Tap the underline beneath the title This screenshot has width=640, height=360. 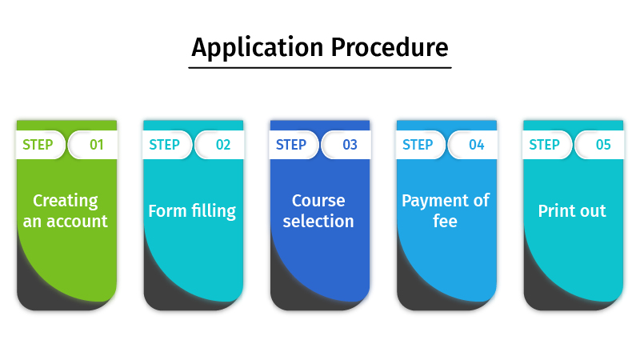point(320,67)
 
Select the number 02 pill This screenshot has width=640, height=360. point(222,145)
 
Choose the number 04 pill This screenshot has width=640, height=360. point(476,145)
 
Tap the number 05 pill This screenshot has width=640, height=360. point(602,145)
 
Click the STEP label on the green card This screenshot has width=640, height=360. point(38,145)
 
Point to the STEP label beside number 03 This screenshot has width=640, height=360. point(291,145)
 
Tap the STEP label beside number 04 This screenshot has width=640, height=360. point(418,145)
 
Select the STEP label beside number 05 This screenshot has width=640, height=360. point(544,145)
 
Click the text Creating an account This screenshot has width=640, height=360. point(66,210)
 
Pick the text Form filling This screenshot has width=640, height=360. point(192,211)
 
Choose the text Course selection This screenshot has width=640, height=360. point(318,210)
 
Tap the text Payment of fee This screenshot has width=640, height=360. point(446,210)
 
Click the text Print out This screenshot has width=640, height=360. point(572,211)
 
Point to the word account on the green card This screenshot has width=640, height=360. point(76,222)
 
